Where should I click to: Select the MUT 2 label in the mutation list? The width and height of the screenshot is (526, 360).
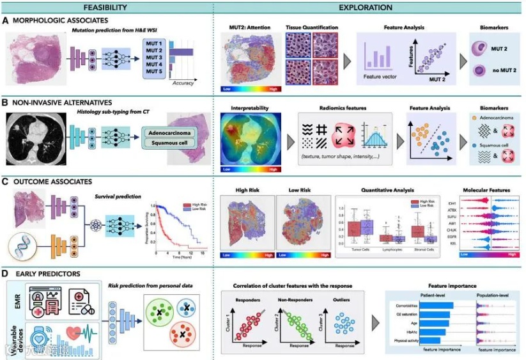154,50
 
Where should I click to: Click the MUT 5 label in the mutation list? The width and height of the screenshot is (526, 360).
154,72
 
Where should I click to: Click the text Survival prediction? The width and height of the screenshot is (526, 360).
118,198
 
